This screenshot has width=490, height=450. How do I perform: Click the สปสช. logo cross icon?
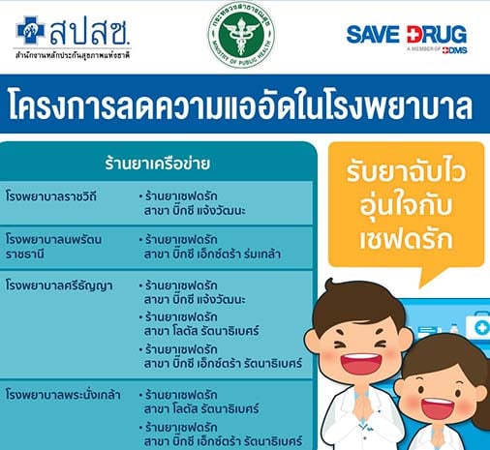coord(30,30)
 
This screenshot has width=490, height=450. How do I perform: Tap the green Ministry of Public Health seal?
coord(241,35)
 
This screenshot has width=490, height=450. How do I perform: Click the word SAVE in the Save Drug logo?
coord(373,35)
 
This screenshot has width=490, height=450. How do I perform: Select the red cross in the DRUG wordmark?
coord(413,35)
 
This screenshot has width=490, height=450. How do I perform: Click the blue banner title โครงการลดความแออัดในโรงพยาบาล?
coord(240,105)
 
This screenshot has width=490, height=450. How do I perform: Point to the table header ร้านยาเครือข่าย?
coord(157,164)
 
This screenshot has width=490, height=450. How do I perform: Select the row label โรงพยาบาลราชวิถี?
coord(51,196)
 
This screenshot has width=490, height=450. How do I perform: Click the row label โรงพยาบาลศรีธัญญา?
coord(59,285)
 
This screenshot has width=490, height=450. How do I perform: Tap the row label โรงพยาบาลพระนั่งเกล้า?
coord(63,395)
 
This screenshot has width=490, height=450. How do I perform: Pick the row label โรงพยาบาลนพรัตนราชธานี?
coord(53,247)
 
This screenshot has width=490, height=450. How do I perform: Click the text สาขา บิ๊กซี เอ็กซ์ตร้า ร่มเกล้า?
coord(212,255)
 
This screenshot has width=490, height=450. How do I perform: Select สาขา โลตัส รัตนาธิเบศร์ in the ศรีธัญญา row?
coord(201,331)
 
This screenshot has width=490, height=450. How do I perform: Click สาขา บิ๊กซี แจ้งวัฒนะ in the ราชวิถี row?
coord(195,210)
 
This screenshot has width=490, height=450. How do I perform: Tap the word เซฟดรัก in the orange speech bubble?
coord(406,240)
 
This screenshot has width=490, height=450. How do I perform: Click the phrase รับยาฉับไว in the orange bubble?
coord(406,171)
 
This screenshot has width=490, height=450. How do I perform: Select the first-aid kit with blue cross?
coord(478,326)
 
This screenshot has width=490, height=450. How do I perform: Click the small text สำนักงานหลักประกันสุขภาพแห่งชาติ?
coord(73,55)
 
